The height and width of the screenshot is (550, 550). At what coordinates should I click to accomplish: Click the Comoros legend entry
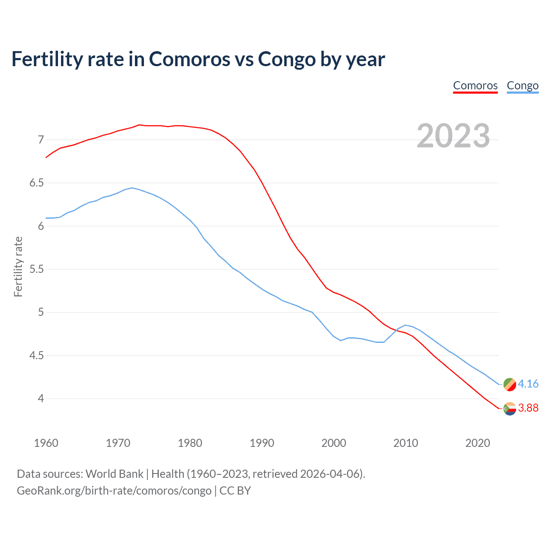[x=475, y=86]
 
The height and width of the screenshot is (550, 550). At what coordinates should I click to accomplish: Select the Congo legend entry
[x=522, y=86]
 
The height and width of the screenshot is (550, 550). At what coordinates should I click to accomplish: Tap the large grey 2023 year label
[x=453, y=136]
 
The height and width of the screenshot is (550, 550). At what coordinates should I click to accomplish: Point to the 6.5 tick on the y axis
[x=37, y=183]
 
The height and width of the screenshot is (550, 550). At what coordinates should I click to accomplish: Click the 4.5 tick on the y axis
[x=37, y=356]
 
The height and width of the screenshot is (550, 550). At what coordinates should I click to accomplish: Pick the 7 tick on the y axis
[x=41, y=140]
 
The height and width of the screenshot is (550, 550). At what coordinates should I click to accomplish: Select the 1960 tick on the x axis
[x=46, y=443]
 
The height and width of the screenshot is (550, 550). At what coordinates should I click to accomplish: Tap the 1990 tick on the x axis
[x=262, y=443]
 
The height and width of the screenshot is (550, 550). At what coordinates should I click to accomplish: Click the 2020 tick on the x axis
[x=477, y=443]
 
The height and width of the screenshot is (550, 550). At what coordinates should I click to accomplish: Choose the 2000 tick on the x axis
[x=333, y=443]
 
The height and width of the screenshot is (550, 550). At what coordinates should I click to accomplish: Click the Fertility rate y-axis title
[x=18, y=266]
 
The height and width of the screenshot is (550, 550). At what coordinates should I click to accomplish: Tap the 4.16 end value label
[x=528, y=384]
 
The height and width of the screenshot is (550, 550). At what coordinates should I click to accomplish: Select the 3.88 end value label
[x=528, y=408]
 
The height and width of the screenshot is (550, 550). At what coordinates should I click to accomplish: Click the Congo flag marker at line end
[x=510, y=384]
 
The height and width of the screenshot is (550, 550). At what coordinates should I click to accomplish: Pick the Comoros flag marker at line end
[x=510, y=409]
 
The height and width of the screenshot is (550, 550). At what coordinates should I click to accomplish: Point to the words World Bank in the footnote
[x=114, y=474]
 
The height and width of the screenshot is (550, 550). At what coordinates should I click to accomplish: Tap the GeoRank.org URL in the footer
[x=114, y=491]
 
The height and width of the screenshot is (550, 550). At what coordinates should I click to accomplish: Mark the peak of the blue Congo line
[x=132, y=188]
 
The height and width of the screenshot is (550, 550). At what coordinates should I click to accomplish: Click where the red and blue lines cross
[x=396, y=330]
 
